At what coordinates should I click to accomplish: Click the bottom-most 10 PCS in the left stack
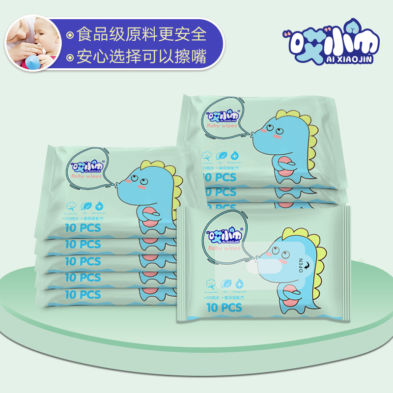83,294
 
